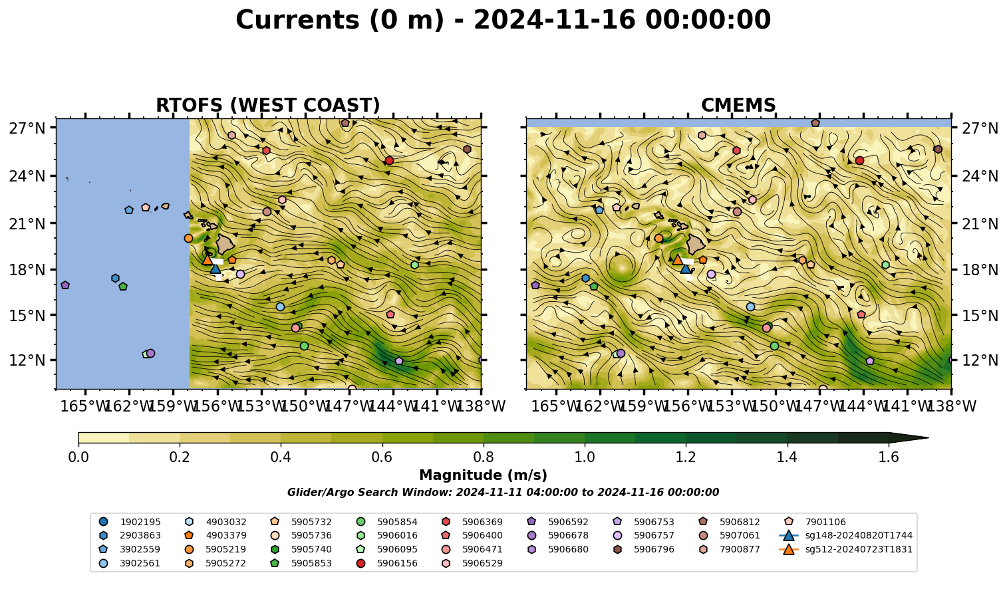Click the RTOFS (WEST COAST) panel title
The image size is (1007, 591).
pos(268,105)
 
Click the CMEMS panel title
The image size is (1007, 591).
pos(738,105)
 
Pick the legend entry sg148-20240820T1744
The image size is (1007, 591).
pos(845,535)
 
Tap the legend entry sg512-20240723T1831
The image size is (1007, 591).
pos(845,549)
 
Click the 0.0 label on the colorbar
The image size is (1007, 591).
pos(78,457)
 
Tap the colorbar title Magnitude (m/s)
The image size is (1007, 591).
pos(484,475)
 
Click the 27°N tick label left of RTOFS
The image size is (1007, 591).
pos(27,128)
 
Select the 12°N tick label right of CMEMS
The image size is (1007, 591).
pos(980,360)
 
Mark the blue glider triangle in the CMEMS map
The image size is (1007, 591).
pos(686,269)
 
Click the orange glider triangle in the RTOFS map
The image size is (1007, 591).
pos(208,259)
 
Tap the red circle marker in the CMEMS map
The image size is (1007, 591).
pos(859,160)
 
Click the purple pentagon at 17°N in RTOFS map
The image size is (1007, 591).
pos(65,285)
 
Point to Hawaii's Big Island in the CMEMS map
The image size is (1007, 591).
pos(696,245)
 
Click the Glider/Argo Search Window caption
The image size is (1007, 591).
pos(503,493)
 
